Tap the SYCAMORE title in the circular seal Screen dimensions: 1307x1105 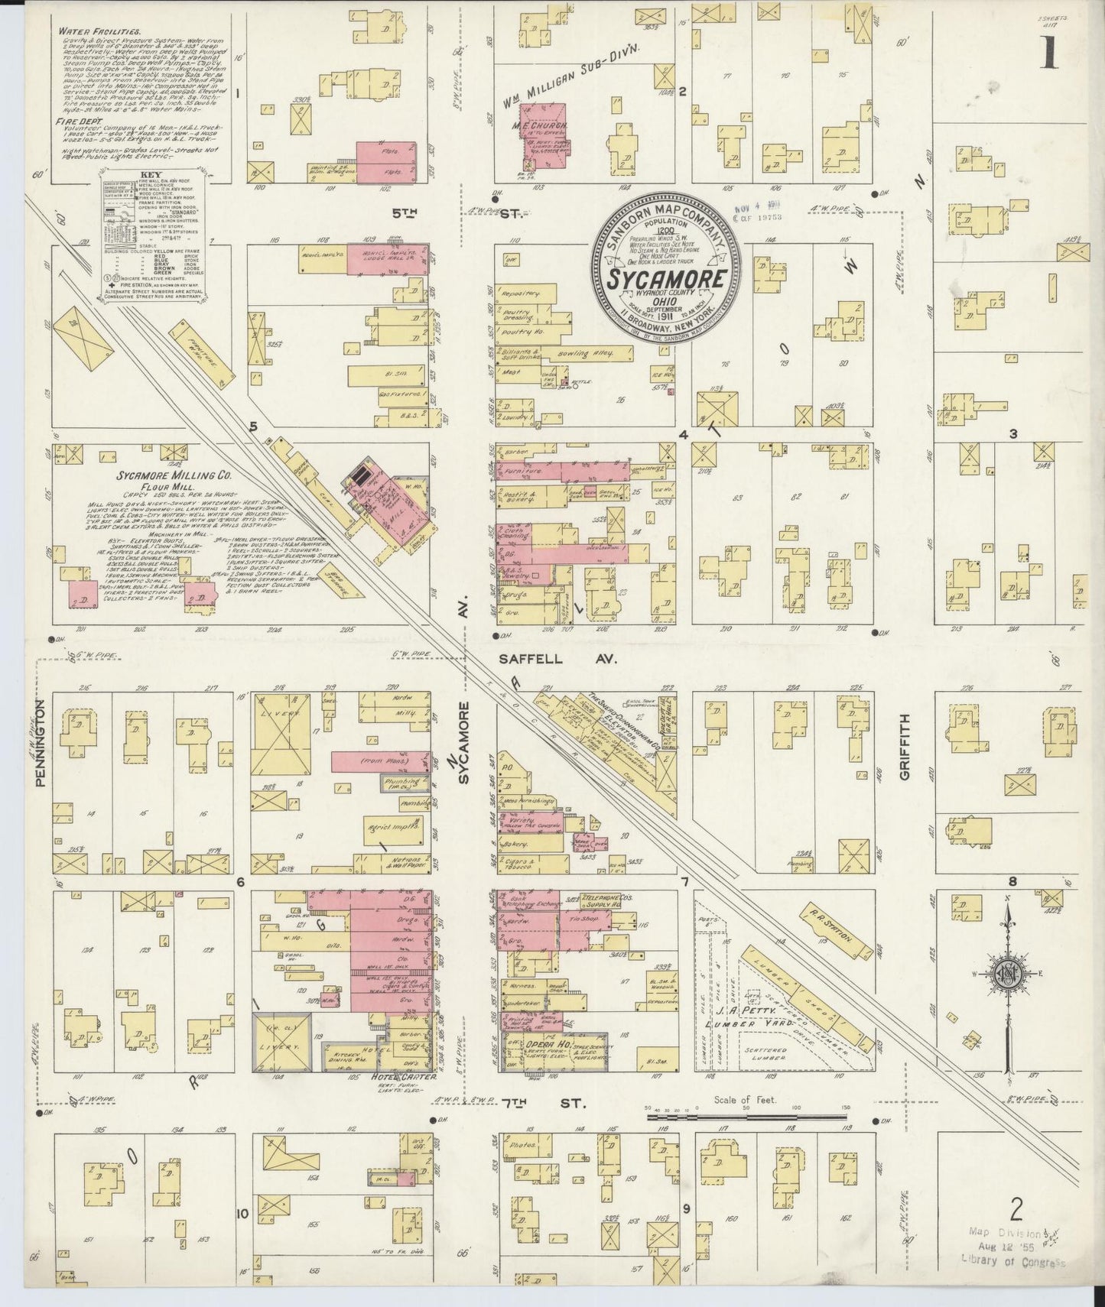point(666,280)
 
